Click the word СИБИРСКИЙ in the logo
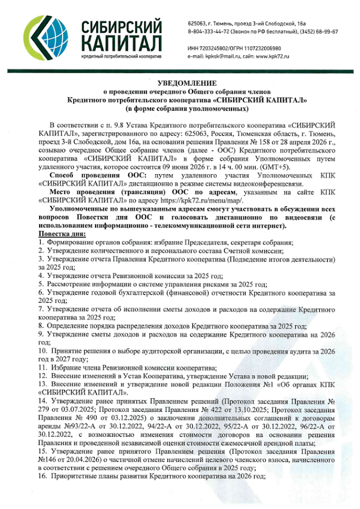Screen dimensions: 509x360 pos(122,26)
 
